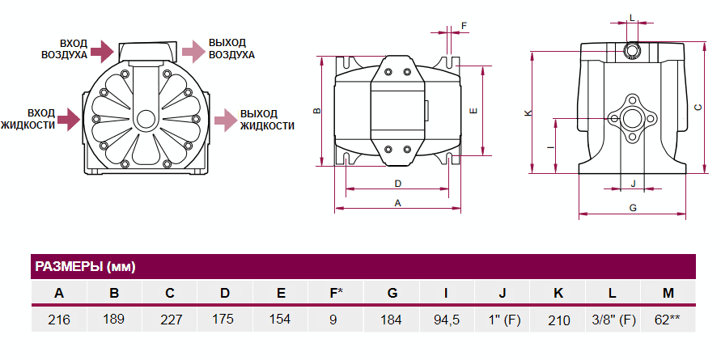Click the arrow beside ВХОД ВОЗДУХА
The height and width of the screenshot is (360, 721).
(x=101, y=51)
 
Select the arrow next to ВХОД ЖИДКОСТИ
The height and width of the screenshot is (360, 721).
(x=70, y=120)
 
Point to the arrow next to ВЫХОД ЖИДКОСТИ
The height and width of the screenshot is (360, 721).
(x=225, y=120)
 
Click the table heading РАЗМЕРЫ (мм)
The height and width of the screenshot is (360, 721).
(x=85, y=266)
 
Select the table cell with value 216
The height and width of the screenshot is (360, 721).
(x=59, y=320)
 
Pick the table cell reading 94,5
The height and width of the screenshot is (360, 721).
(x=446, y=320)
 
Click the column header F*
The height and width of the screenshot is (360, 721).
(x=335, y=293)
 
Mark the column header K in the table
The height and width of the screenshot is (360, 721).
(x=558, y=293)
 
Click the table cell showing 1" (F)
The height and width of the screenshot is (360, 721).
(x=503, y=320)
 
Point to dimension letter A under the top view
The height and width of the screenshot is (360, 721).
(x=397, y=203)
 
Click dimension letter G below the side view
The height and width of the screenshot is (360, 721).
(x=633, y=208)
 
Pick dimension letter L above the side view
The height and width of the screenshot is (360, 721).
(x=632, y=17)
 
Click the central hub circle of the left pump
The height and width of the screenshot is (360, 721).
(x=146, y=119)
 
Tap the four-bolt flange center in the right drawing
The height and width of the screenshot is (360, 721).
(x=632, y=118)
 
